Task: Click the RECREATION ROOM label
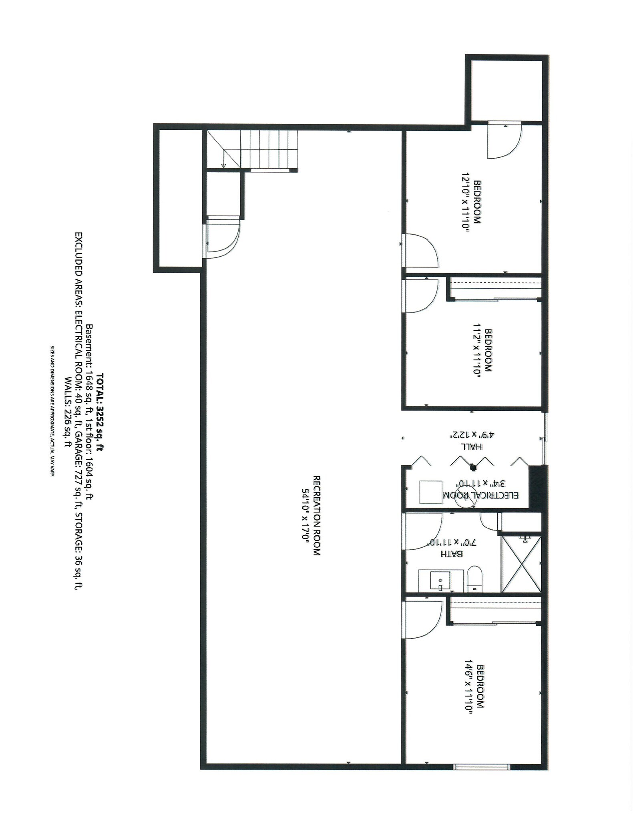tap(316, 516)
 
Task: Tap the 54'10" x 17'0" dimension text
tap(305, 516)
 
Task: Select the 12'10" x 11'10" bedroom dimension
tap(465, 202)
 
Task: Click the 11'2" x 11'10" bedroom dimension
tap(476, 351)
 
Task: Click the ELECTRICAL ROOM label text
tap(480, 495)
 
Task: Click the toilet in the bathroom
tap(475, 579)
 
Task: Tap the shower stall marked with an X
tap(521, 564)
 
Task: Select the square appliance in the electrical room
tap(431, 492)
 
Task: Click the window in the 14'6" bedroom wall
tap(482, 767)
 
